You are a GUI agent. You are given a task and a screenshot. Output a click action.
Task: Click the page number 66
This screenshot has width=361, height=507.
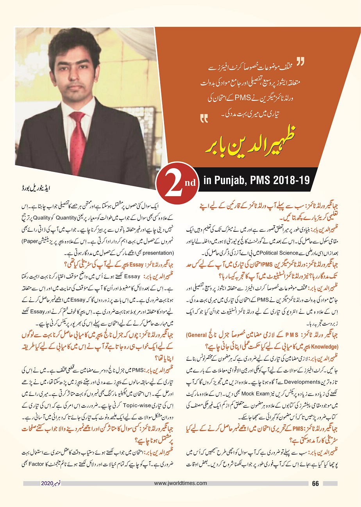(x=316, y=484)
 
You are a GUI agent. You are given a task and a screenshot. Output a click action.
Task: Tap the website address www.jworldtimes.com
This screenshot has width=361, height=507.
(x=180, y=484)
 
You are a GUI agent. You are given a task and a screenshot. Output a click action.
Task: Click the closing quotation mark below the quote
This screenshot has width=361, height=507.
(x=204, y=117)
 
